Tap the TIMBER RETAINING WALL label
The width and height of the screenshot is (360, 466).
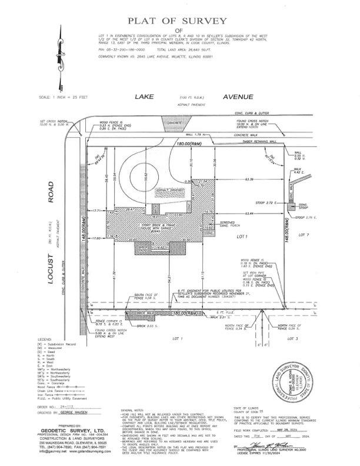pos(254,141)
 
